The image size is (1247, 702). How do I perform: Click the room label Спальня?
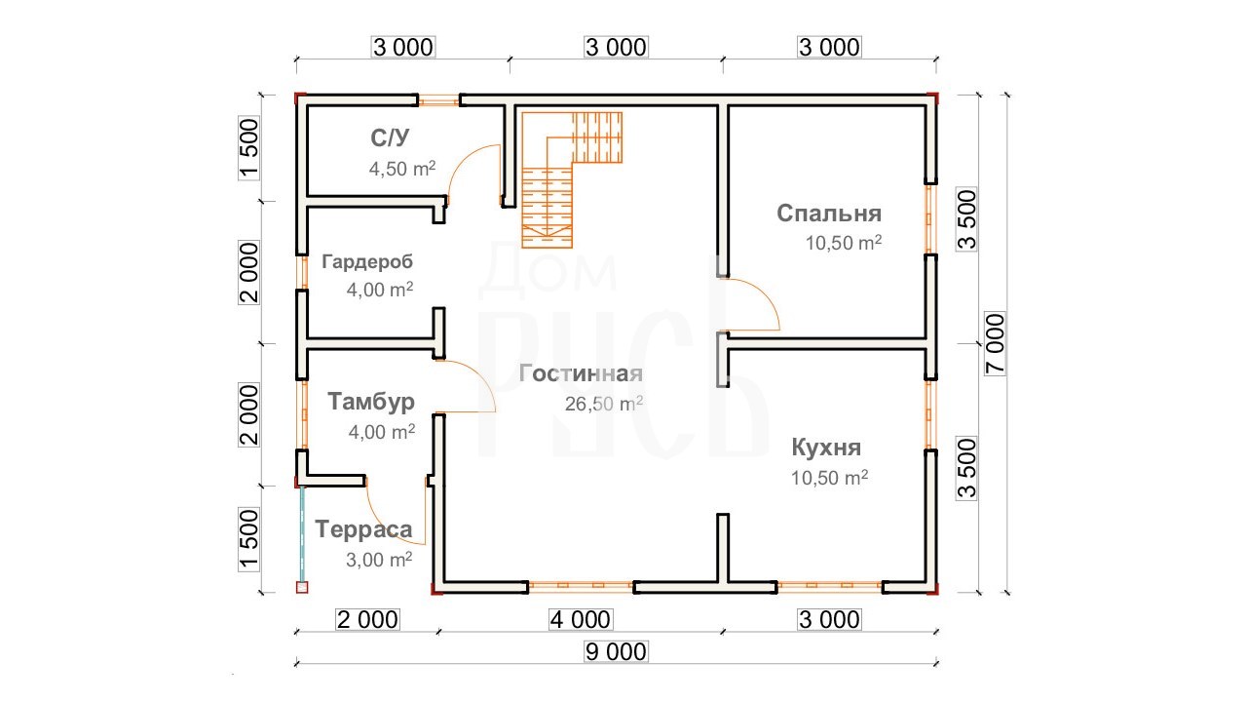(829, 214)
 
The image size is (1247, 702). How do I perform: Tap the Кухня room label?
(826, 448)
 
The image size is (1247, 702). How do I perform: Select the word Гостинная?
(581, 373)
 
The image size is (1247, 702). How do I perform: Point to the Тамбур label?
(371, 402)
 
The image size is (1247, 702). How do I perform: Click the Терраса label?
(363, 529)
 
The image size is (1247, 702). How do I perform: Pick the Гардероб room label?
(367, 261)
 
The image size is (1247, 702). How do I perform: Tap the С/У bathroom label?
(390, 137)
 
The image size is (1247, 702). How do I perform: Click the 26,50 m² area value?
(603, 404)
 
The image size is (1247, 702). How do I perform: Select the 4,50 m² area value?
(402, 169)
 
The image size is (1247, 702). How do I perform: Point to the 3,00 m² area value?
(379, 560)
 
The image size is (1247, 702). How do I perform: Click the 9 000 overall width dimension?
(616, 651)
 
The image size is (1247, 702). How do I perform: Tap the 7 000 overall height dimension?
(995, 343)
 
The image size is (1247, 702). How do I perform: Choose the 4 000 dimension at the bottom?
(580, 619)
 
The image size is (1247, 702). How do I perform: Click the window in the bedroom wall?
(930, 219)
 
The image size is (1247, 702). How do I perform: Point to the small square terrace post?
(302, 587)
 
